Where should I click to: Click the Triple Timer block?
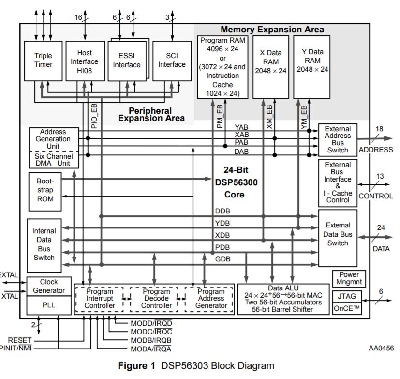pos(43,60)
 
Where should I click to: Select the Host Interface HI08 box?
pos(85,61)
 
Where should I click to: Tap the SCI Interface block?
pos(172,61)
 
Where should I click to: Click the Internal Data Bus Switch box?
pos(44,244)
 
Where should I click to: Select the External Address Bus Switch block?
pos(337,139)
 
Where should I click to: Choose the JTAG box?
pos(347,295)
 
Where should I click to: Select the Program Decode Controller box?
pos(156,299)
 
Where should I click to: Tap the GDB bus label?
pos(223,259)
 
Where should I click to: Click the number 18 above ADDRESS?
pos(379,129)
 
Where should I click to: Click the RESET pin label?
pos(19,340)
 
